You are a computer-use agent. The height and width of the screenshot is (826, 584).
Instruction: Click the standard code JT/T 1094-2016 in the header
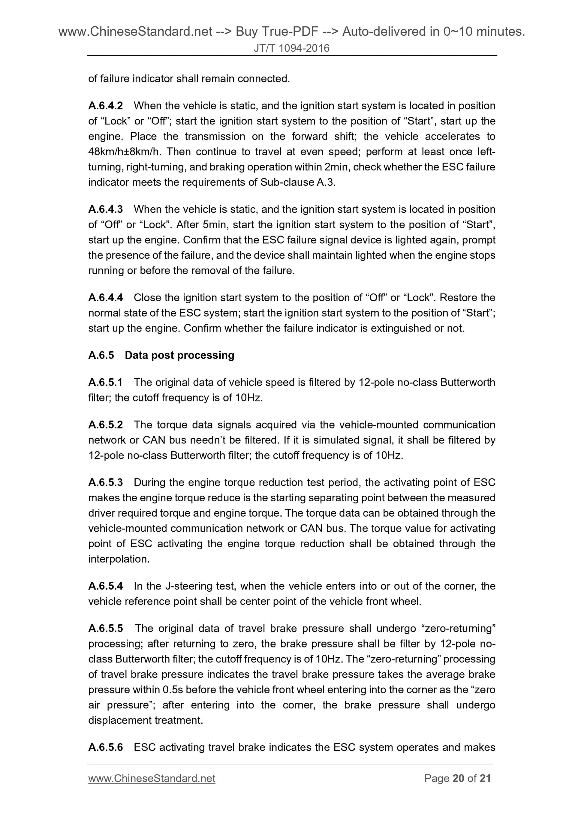click(291, 48)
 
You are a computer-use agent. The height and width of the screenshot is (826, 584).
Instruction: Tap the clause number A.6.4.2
click(105, 106)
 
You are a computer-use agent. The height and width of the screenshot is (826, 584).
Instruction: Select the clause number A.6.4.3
click(105, 209)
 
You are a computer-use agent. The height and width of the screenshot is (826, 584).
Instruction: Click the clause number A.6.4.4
click(105, 298)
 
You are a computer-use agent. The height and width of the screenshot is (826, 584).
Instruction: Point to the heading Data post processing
click(179, 355)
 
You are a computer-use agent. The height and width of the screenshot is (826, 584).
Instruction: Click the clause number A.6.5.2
click(105, 425)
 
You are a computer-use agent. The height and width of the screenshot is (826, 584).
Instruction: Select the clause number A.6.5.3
click(105, 482)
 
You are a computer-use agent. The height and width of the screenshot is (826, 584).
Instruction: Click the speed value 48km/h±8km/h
click(125, 152)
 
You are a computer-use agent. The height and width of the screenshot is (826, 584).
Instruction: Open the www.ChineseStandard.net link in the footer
click(152, 779)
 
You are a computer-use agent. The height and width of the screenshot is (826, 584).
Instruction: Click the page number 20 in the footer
click(458, 779)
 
